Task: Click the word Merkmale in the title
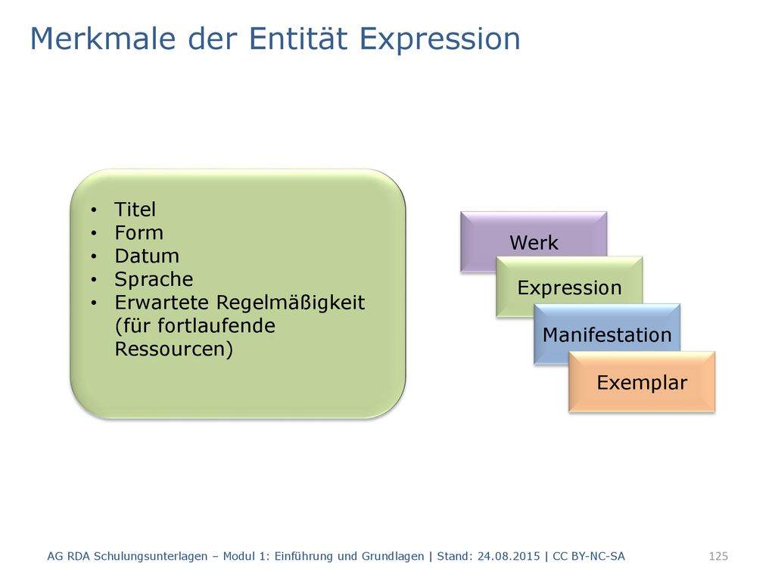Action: pyautogui.click(x=103, y=39)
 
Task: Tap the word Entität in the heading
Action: pyautogui.click(x=298, y=39)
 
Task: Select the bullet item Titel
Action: pyautogui.click(x=135, y=210)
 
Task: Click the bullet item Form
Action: pyautogui.click(x=139, y=233)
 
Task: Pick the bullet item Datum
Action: pyautogui.click(x=147, y=256)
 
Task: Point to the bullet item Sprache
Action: pyautogui.click(x=154, y=280)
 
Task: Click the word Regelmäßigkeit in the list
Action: pyautogui.click(x=291, y=303)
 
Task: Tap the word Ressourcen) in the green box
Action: pyautogui.click(x=174, y=350)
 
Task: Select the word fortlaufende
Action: pyautogui.click(x=216, y=325)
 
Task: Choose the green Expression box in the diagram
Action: pyautogui.click(x=569, y=287)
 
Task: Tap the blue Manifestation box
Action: pyautogui.click(x=607, y=334)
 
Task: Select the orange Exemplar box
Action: pyautogui.click(x=642, y=382)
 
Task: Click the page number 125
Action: pyautogui.click(x=718, y=556)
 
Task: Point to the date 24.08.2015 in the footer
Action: pyautogui.click(x=509, y=556)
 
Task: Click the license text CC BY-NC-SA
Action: pyautogui.click(x=589, y=556)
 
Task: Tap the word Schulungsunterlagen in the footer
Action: pyautogui.click(x=151, y=557)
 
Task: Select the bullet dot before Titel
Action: pyautogui.click(x=94, y=210)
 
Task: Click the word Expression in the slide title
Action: pyautogui.click(x=440, y=39)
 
